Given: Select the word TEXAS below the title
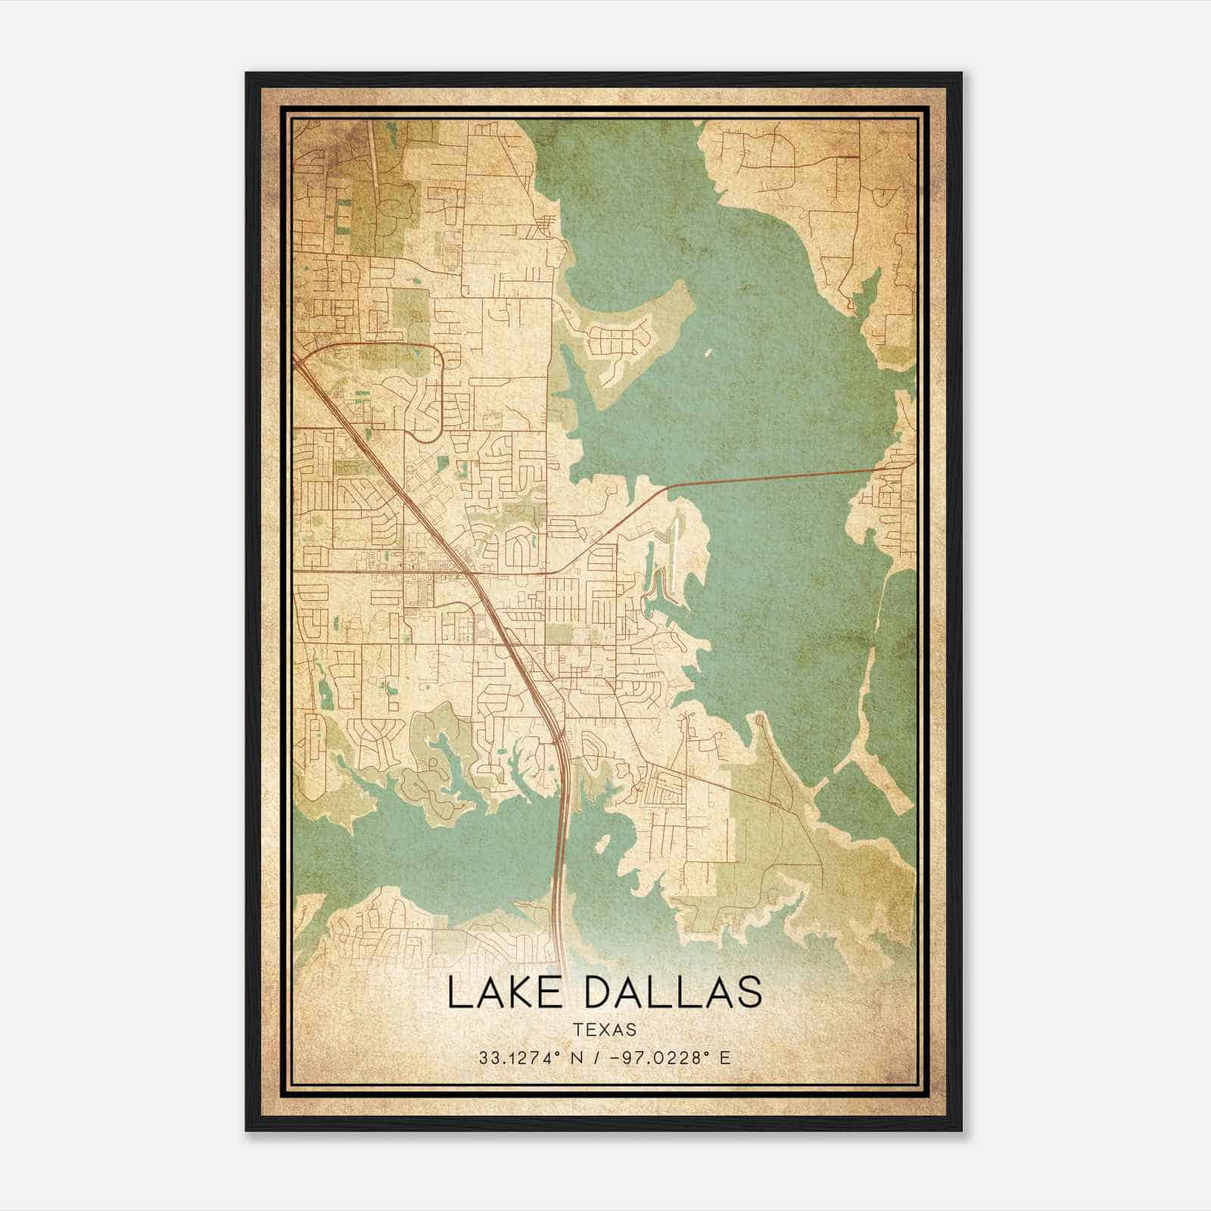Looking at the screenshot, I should click(605, 1030).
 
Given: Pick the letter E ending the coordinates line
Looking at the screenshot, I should click(726, 1058).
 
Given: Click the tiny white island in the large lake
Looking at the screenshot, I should click(709, 352).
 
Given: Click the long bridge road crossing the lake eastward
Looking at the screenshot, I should click(772, 477).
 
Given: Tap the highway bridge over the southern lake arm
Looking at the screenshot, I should click(562, 833).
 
